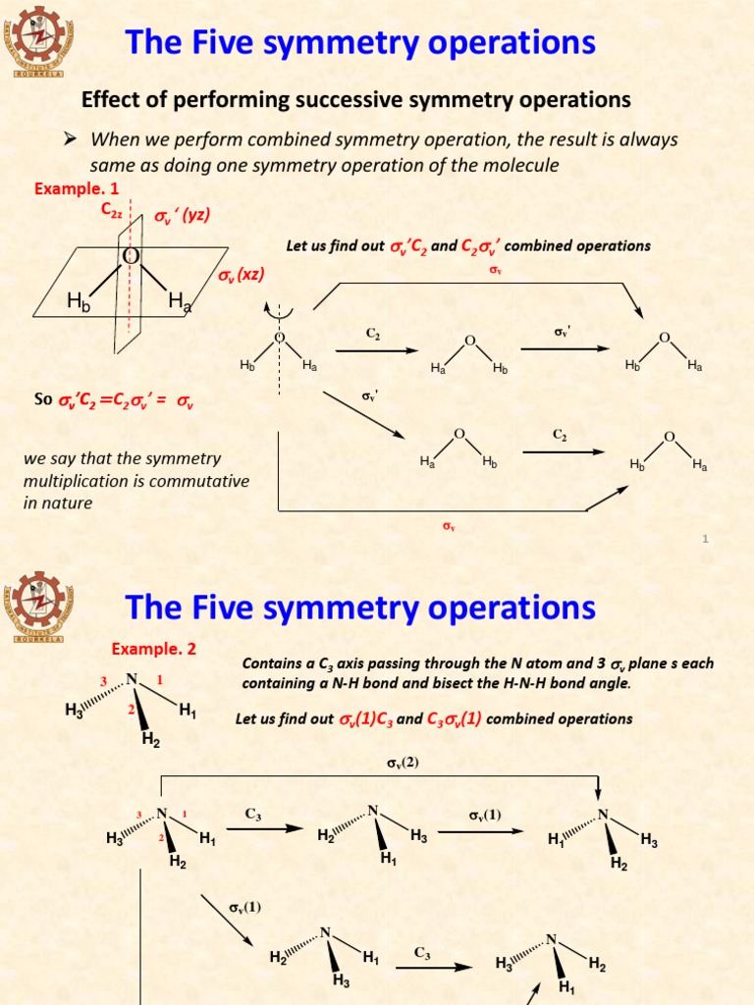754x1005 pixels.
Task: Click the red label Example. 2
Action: [x=153, y=649]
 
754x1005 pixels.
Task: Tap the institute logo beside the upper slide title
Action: [x=40, y=41]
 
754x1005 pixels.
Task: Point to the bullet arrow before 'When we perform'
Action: [x=71, y=139]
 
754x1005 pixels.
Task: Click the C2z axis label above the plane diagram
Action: [x=111, y=209]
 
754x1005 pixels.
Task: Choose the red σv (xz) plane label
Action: [x=242, y=275]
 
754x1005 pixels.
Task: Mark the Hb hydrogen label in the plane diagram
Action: [x=78, y=304]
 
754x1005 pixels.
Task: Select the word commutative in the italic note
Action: [x=201, y=481]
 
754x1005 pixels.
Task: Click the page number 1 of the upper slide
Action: [x=706, y=539]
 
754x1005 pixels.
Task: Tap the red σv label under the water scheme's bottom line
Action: [x=448, y=527]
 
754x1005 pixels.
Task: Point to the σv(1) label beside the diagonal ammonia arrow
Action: [x=244, y=907]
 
